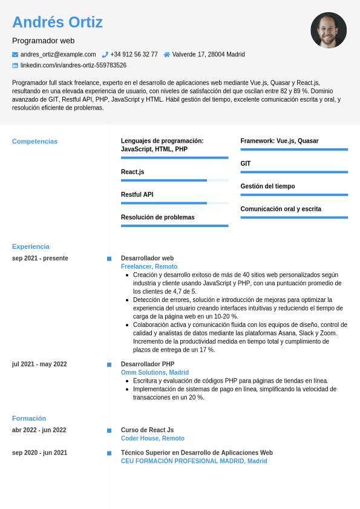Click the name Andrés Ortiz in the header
[x=57, y=22]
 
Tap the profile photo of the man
[x=329, y=30]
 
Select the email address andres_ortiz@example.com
[x=58, y=54]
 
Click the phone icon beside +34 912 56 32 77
[x=105, y=54]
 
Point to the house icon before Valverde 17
[x=167, y=54]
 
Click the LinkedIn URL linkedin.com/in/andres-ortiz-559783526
[x=73, y=65]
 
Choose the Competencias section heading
[x=35, y=142]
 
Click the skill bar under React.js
[x=174, y=180]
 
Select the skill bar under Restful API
[x=174, y=203]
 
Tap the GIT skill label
[x=246, y=164]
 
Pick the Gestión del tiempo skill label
[x=267, y=186]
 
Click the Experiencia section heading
[x=31, y=247]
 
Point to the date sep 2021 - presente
[x=40, y=258]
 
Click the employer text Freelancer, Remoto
[x=149, y=267]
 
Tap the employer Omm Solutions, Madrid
[x=155, y=373]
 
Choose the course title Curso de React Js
[x=148, y=430]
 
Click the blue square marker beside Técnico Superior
[x=109, y=453]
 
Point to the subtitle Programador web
[x=44, y=41]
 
